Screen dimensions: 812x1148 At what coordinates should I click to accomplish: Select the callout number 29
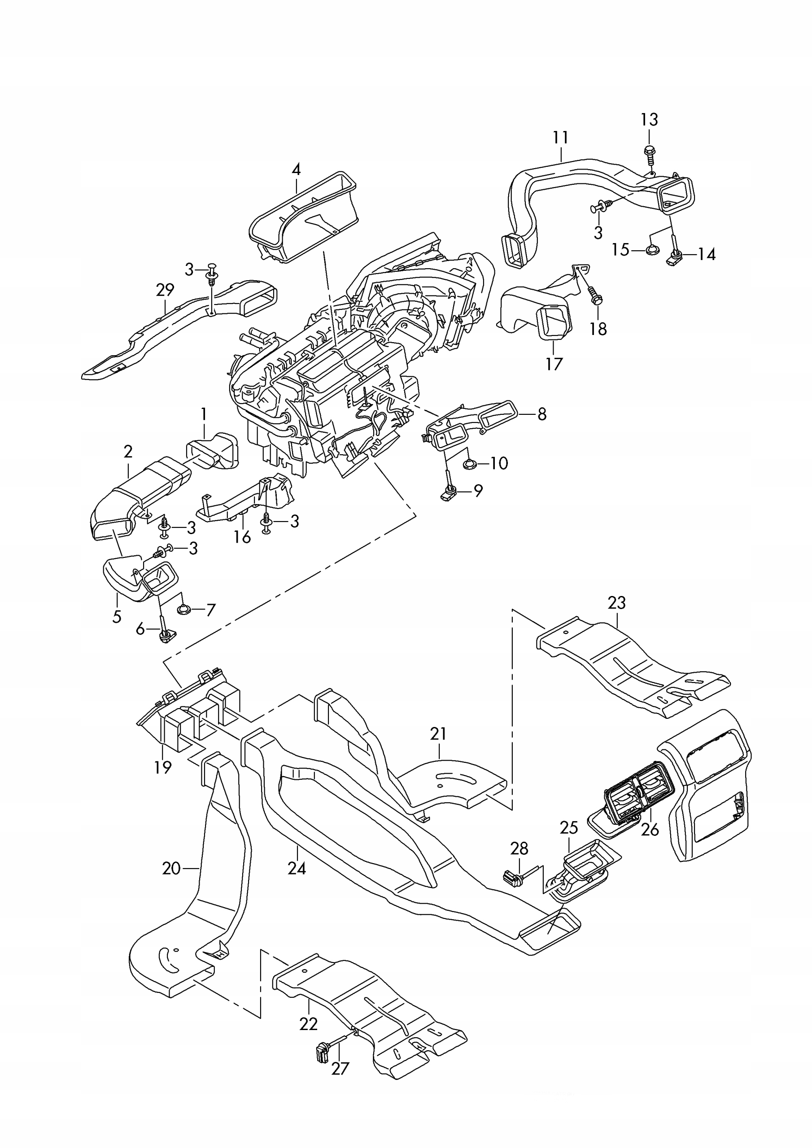[165, 290]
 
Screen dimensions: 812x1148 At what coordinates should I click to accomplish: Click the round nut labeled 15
[651, 249]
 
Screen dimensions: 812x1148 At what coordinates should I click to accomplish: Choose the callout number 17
[554, 364]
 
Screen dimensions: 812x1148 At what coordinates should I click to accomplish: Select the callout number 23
[616, 603]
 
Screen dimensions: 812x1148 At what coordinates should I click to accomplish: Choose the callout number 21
[438, 734]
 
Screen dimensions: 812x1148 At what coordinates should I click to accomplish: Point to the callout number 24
[297, 868]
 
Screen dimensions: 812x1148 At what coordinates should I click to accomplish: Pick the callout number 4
[296, 170]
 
